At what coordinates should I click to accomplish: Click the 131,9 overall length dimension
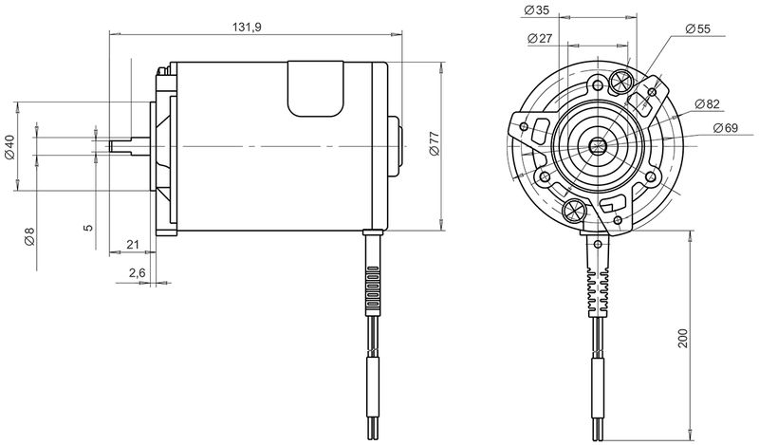[248, 28]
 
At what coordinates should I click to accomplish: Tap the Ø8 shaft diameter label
[29, 236]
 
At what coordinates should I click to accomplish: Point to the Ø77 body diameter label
[435, 143]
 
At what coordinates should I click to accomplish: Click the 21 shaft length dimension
[133, 245]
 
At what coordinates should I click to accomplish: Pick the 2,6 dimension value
[137, 273]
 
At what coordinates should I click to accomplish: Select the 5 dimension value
[88, 228]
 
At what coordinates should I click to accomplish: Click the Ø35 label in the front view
[537, 9]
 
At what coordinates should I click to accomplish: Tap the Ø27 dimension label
[540, 38]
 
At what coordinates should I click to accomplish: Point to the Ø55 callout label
[697, 28]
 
